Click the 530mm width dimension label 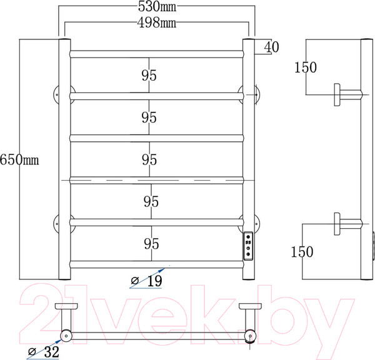(156, 8)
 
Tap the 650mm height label (19, 160)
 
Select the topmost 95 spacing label (149, 76)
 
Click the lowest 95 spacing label (149, 243)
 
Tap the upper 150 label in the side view (306, 68)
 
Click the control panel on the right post (247, 246)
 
